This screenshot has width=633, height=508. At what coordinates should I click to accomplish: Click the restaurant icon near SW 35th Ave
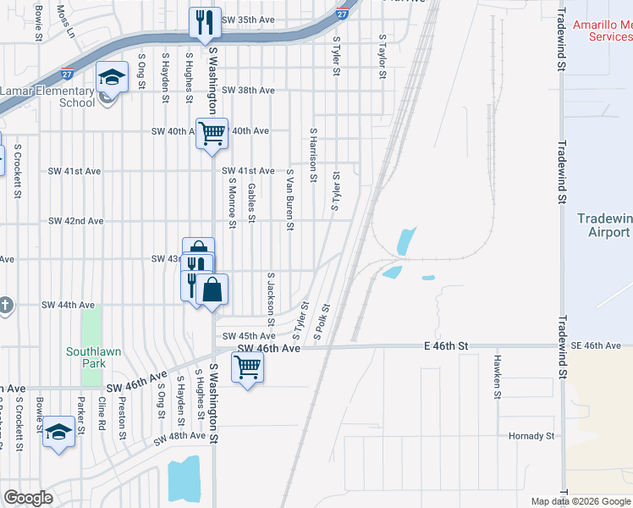coord(203,23)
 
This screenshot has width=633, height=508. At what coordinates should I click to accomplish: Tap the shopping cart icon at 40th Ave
coord(212,132)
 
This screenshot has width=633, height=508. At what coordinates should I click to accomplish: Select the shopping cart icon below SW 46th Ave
coord(246,367)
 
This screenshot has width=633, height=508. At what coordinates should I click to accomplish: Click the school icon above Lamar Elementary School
coord(111,78)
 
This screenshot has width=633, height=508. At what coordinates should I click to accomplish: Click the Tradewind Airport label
coord(604,225)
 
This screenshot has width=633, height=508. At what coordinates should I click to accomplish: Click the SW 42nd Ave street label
coord(75,221)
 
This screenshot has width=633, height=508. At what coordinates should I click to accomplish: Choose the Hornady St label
coord(531,436)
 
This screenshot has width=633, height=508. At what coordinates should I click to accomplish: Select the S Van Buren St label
coord(289,199)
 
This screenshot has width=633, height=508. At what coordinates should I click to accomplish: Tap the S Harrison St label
coord(313,156)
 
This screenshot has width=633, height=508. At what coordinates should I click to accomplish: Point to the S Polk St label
coord(322,322)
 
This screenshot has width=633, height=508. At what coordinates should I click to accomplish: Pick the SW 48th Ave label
coord(179,436)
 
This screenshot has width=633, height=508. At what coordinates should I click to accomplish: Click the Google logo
coord(28,498)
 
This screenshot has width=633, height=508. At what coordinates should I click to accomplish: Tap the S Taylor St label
coord(383,57)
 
